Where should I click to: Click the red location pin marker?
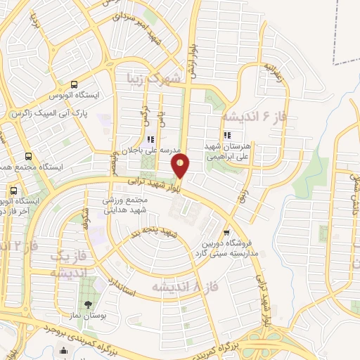pos(181,165)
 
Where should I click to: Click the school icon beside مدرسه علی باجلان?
pos(150,139)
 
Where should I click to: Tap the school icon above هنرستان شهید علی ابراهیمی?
pos(226,135)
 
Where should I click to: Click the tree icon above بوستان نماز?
pos(88,304)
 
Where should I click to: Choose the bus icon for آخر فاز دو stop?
pos(14,190)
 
